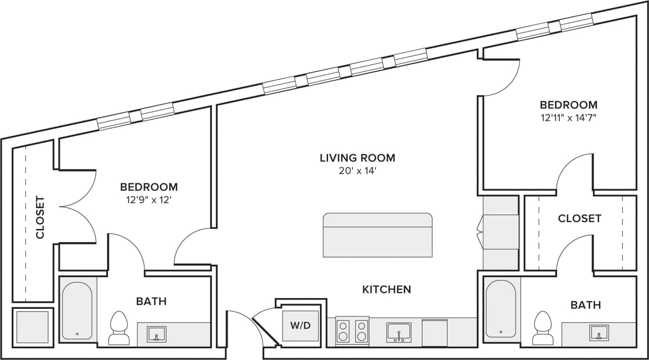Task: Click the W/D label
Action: [300, 326]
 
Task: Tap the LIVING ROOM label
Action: [357, 158]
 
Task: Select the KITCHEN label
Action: [386, 290]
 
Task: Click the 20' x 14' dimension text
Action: [357, 171]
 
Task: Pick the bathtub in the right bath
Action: [501, 309]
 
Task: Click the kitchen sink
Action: [399, 332]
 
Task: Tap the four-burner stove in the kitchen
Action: [352, 331]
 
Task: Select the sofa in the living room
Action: [378, 235]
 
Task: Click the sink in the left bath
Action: [156, 334]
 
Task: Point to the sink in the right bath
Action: [599, 333]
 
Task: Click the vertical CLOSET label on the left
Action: [40, 217]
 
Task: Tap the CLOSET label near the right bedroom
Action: [580, 219]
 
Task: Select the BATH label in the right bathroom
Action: [586, 305]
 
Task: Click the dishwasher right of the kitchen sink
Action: [435, 333]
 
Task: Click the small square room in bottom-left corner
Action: [32, 327]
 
